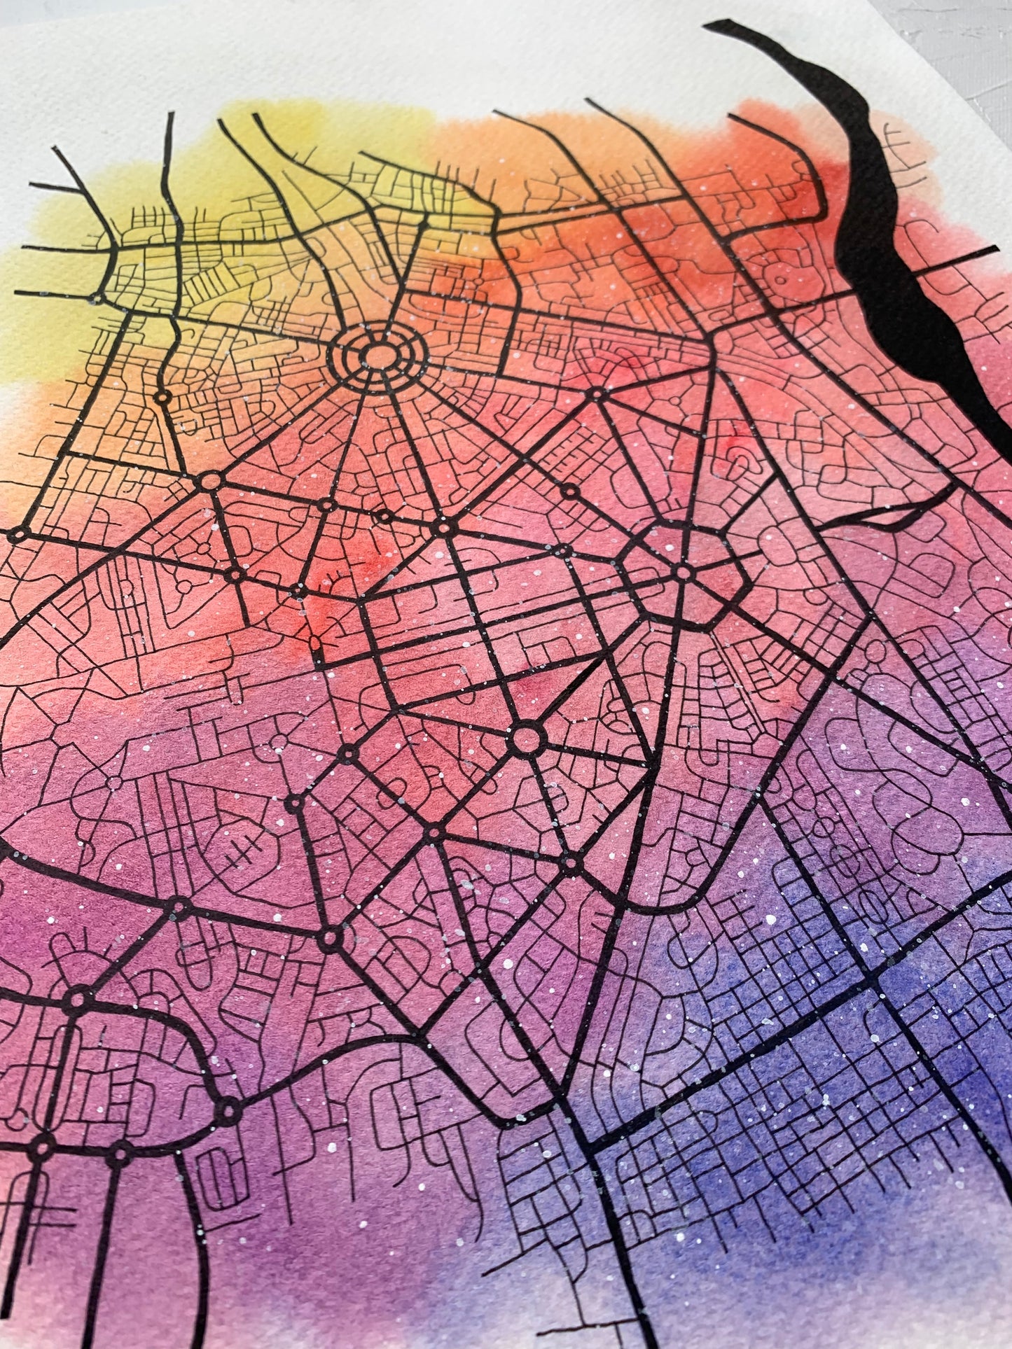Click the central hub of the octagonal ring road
pos(684,573)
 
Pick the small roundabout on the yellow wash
pos(162,398)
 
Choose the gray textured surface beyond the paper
pos(966,42)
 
